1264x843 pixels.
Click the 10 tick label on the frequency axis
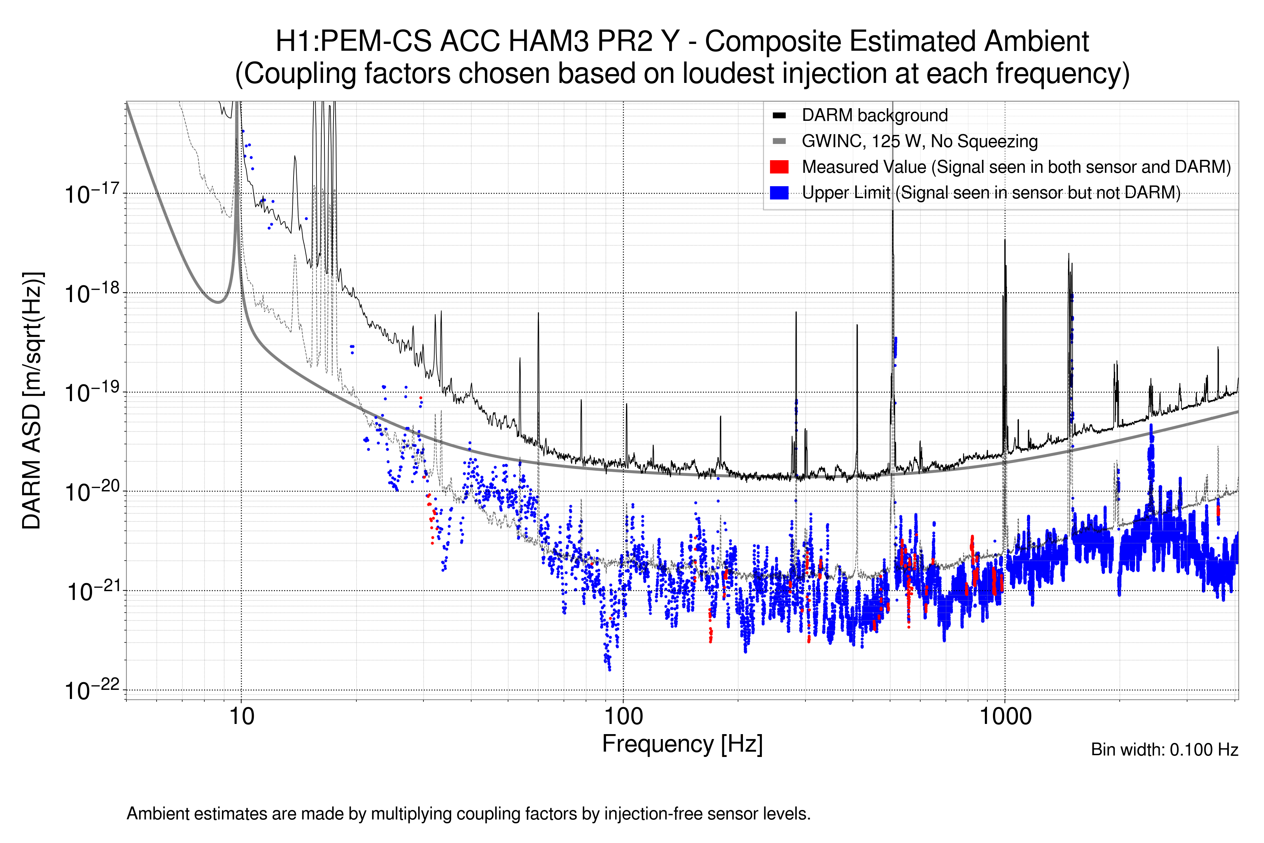pos(241,717)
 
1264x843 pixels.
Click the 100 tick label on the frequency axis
pos(624,717)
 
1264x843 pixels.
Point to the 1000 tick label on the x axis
pos(1005,717)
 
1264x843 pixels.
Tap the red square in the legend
pos(779,166)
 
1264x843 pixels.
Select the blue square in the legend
pos(779,192)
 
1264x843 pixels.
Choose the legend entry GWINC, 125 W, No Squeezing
pos(919,142)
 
